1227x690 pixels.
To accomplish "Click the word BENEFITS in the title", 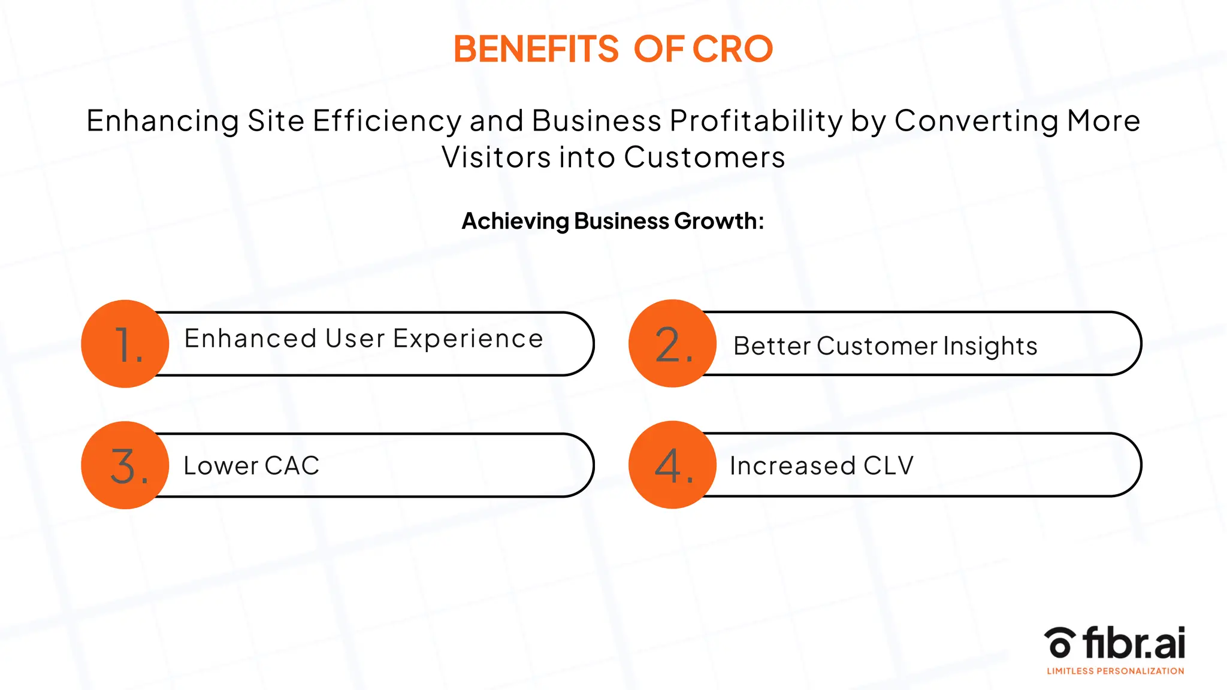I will click(536, 49).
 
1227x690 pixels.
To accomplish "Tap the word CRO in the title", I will click(733, 49).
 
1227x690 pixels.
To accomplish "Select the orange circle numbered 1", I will click(125, 344).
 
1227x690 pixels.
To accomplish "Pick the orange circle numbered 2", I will click(672, 344).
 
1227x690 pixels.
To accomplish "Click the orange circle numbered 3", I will click(125, 465).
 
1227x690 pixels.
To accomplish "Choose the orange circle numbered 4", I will click(672, 465).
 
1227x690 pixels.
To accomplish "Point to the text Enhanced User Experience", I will click(364, 339).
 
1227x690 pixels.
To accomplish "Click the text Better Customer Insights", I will click(885, 346).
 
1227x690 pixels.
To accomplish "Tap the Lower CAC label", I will click(251, 466).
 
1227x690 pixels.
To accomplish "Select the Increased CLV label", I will click(821, 466).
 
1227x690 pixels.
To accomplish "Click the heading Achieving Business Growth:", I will click(613, 221).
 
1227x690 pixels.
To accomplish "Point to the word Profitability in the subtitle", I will click(756, 121).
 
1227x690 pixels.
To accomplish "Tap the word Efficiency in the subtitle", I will click(387, 121).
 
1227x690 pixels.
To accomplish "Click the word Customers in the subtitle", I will click(704, 158).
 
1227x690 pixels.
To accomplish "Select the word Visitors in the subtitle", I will click(496, 158).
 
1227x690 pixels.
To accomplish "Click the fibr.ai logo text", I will click(1134, 643).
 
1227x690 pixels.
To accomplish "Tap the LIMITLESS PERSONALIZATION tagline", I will click(1115, 671).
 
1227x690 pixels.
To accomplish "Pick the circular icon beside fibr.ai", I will click(1059, 643).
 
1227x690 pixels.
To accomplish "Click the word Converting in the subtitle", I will click(977, 121).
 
